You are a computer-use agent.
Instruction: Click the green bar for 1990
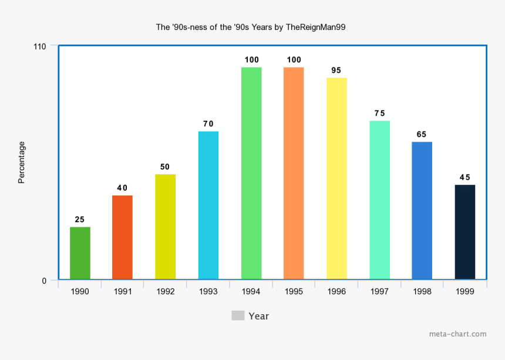[x=80, y=253]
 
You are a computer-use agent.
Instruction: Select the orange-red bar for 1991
[x=122, y=237]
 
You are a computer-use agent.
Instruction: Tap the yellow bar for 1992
[x=165, y=227]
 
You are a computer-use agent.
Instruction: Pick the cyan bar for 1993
[x=208, y=205]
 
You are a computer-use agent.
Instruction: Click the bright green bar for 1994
[x=251, y=173]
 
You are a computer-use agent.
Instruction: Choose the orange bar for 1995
[x=294, y=173]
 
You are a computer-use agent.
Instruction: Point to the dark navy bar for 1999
[x=465, y=232]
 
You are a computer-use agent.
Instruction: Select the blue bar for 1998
[x=422, y=210]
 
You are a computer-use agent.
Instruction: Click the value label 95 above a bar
[x=336, y=70]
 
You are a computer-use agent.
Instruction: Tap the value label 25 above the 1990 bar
[x=80, y=220]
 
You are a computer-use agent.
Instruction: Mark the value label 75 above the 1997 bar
[x=379, y=113]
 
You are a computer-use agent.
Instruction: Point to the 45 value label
[x=465, y=177]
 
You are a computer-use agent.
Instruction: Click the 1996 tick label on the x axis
[x=336, y=291]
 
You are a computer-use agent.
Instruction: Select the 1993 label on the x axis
[x=208, y=291]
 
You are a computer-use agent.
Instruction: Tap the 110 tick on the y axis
[x=41, y=46]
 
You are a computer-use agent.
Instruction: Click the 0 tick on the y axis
[x=44, y=281]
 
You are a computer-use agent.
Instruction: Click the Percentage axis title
[x=22, y=163]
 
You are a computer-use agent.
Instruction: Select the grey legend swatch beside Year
[x=238, y=316]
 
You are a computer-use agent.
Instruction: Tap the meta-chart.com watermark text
[x=457, y=334]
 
